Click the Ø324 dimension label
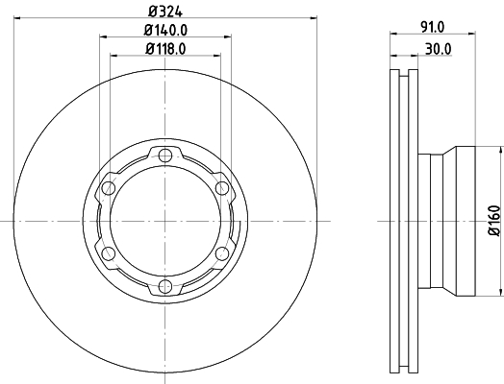pyautogui.click(x=165, y=12)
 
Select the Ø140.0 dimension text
pyautogui.click(x=165, y=30)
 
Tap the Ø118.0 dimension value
pyautogui.click(x=165, y=49)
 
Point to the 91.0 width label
pyautogui.click(x=433, y=27)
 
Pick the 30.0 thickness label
pyautogui.click(x=439, y=49)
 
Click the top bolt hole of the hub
pyautogui.click(x=165, y=156)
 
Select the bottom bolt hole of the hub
pyautogui.click(x=165, y=286)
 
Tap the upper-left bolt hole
pyautogui.click(x=109, y=188)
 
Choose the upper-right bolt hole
pyautogui.click(x=221, y=188)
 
